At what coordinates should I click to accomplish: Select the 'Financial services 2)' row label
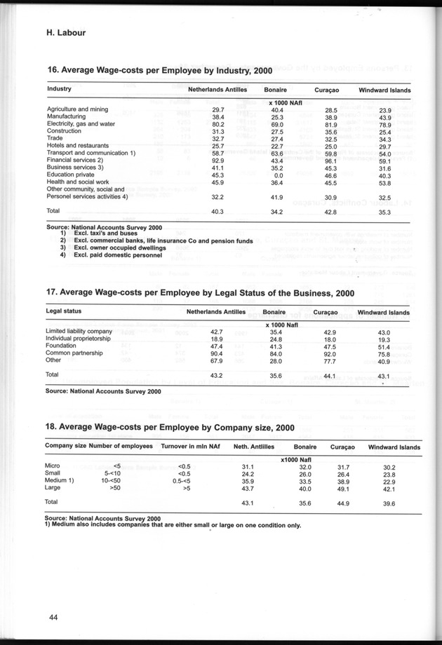coord(76,161)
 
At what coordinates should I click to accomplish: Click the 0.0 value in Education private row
coord(276,177)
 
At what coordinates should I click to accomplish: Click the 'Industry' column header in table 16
coord(59,90)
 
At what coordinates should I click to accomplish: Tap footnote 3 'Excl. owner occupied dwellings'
coord(118,248)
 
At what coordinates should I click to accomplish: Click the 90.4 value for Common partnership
coord(217,355)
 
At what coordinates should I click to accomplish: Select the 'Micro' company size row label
coord(54,466)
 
